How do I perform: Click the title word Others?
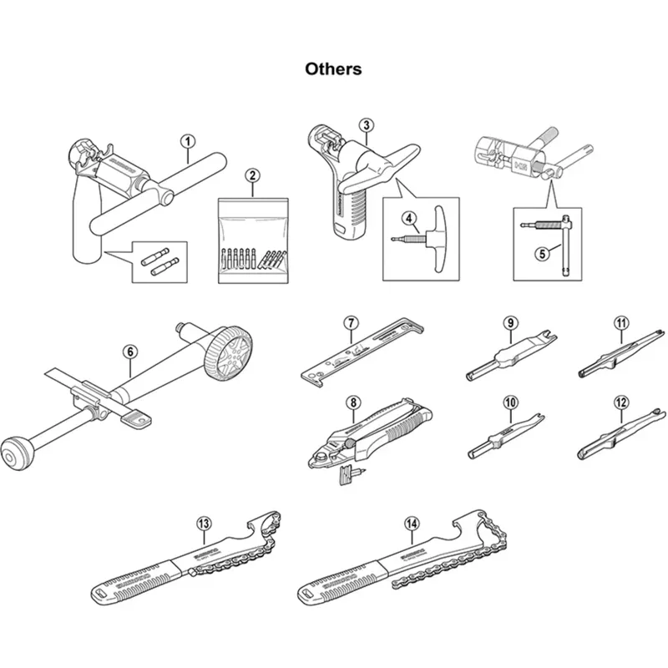coord(333,68)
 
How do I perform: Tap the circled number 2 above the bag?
coord(251,175)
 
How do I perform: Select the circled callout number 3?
coord(366,125)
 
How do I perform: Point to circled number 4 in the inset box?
coord(409,218)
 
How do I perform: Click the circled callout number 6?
coord(130,352)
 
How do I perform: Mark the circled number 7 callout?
coord(352,322)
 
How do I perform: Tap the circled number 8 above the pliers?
coord(353,402)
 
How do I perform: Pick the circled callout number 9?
coord(509,322)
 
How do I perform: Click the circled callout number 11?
coord(620,322)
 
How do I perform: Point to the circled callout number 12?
coord(620,402)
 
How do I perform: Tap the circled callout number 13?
coord(203,524)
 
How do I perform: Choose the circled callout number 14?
coord(410,524)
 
